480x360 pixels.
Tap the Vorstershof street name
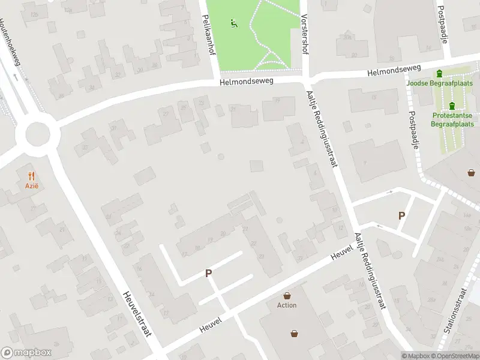[305, 35]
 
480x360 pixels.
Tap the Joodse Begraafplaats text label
[440, 83]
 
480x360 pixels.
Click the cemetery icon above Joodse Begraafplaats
[440, 74]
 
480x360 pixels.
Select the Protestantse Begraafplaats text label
[452, 119]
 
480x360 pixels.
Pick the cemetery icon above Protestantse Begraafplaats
[452, 106]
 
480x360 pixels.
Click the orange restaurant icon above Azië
[32, 176]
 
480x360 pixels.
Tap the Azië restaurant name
[32, 186]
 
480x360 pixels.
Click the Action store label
[287, 305]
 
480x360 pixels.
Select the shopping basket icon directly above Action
[287, 295]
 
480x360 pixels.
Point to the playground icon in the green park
[234, 24]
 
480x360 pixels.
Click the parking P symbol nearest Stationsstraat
[402, 216]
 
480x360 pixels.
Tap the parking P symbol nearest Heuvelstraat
[209, 274]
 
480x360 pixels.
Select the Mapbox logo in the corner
[26, 353]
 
